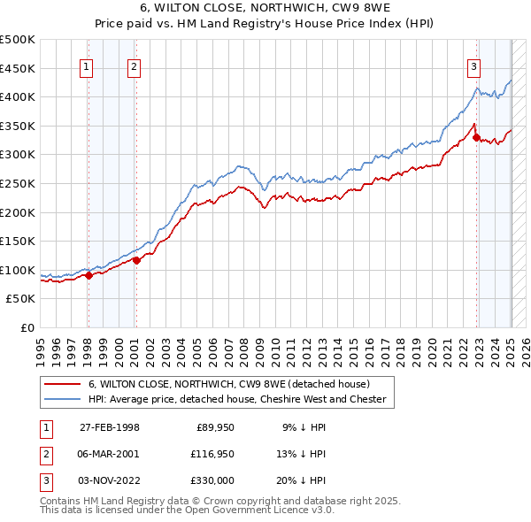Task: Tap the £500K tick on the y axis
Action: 18,40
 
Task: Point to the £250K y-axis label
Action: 18,183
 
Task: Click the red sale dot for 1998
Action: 88,275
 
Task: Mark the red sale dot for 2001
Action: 137,260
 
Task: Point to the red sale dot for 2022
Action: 476,137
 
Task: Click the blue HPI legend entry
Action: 236,399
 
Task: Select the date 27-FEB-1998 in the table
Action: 110,427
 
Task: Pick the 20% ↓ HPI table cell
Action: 304,480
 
